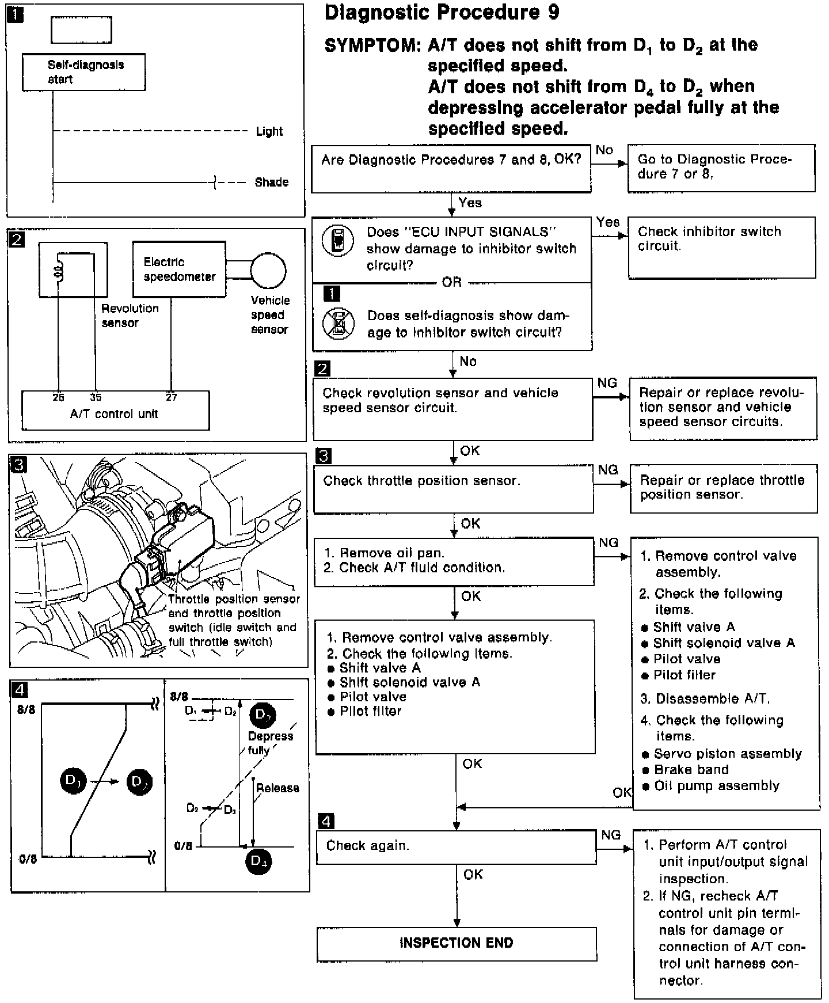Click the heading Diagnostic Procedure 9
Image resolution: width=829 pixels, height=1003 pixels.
tap(442, 13)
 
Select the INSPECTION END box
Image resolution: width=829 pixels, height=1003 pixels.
tap(456, 943)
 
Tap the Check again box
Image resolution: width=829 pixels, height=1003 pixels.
tap(456, 846)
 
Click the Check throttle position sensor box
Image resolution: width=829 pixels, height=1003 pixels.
tap(453, 489)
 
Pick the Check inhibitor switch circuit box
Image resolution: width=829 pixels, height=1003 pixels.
tap(721, 247)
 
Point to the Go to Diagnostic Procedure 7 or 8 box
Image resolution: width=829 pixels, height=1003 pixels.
tap(721, 168)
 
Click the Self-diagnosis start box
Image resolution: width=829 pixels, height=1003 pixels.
tap(83, 72)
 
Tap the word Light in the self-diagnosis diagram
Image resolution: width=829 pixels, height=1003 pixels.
tap(269, 131)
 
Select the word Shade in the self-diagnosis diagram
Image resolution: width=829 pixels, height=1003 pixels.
tap(271, 183)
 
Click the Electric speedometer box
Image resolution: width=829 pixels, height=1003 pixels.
tap(179, 269)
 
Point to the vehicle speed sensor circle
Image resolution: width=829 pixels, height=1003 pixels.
tap(268, 270)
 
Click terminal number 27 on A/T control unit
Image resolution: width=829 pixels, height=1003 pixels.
tap(171, 397)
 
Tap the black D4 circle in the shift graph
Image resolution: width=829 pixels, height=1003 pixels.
tap(258, 861)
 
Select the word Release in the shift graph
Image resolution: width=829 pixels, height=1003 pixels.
tap(277, 788)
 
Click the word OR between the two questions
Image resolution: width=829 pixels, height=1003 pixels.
tap(452, 282)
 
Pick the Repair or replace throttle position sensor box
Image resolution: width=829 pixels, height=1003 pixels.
tap(724, 488)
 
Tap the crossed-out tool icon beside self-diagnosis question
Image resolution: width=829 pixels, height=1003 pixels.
tap(339, 324)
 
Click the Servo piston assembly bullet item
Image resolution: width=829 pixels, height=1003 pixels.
tap(727, 754)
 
